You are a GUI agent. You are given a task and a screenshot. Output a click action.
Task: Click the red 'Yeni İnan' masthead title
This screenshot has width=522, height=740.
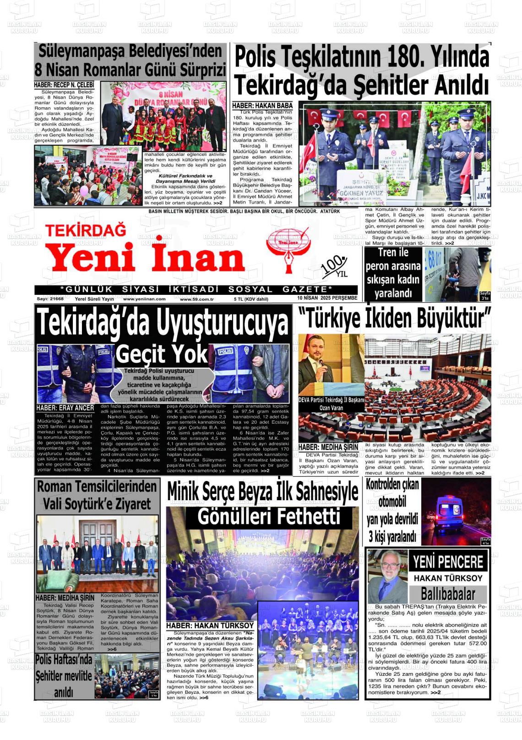146,258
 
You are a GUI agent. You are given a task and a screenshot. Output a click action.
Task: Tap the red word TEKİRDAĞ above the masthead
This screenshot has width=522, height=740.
86,230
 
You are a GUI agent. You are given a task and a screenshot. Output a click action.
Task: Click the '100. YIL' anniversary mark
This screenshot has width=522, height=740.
335,267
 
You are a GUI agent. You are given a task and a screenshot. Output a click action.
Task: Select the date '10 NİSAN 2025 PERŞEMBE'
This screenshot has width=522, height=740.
327,298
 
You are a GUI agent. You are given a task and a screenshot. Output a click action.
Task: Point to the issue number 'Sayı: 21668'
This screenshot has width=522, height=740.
50,298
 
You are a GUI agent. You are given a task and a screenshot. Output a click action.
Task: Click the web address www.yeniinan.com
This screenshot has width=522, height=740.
144,298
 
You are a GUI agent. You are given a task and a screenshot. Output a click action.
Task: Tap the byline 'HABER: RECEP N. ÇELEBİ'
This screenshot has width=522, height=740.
64,85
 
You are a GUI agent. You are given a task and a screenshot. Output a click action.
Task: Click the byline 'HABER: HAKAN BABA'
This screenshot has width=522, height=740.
262,105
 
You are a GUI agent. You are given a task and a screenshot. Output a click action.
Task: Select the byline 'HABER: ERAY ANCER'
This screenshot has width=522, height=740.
65,408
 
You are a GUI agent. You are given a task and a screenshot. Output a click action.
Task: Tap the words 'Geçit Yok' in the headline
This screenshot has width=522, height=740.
162,354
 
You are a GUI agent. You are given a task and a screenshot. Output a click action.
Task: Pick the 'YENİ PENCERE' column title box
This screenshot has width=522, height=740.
448,562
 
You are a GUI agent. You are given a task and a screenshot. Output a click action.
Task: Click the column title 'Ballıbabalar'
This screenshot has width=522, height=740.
448,594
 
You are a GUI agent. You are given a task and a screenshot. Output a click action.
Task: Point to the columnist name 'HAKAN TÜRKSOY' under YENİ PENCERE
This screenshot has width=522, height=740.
448,578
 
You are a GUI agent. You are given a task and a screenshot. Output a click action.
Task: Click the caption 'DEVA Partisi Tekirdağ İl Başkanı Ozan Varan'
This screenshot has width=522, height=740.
331,403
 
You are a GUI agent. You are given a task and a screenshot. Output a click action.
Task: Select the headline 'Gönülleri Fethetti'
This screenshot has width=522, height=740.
269,517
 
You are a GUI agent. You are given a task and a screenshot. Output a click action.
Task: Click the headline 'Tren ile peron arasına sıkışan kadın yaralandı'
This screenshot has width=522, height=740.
393,273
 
